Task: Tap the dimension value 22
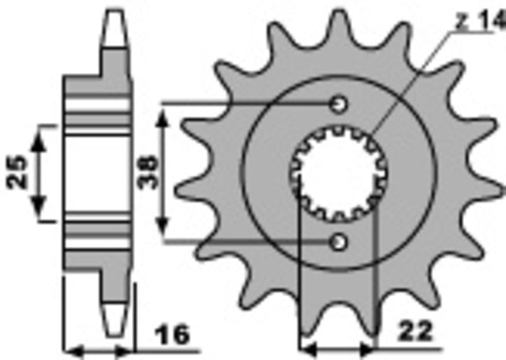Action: point(415,332)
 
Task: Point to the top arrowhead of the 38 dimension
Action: point(163,114)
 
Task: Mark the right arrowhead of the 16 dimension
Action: point(129,349)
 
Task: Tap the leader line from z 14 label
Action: point(417,76)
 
